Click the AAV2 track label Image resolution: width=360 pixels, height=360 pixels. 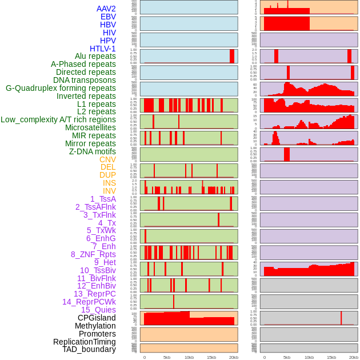pos(106,9)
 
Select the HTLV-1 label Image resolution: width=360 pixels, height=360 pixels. pos(102,49)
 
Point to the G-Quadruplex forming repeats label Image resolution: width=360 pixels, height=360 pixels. pos(61,88)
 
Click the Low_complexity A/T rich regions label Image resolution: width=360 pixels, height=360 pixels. pos(58,119)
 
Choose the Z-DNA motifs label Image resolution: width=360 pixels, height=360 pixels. pos(92,151)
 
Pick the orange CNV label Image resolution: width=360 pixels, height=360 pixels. pos(107,159)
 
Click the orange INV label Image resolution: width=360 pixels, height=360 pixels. pos(109,191)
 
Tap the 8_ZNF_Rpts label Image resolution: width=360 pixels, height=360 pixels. pos(93,254)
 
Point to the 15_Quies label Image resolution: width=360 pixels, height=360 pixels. pos(98,310)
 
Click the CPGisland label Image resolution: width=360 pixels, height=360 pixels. pos(97,318)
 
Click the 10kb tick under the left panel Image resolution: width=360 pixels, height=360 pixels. pos(189,357)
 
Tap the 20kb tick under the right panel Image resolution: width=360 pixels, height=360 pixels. pos(354,357)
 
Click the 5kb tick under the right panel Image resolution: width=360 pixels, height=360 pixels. pos(286,357)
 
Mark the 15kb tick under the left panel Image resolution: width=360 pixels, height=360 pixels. pos(211,357)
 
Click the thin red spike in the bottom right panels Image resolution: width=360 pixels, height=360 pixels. pos(341,318)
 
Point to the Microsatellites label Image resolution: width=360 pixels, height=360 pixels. pos(90,127)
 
